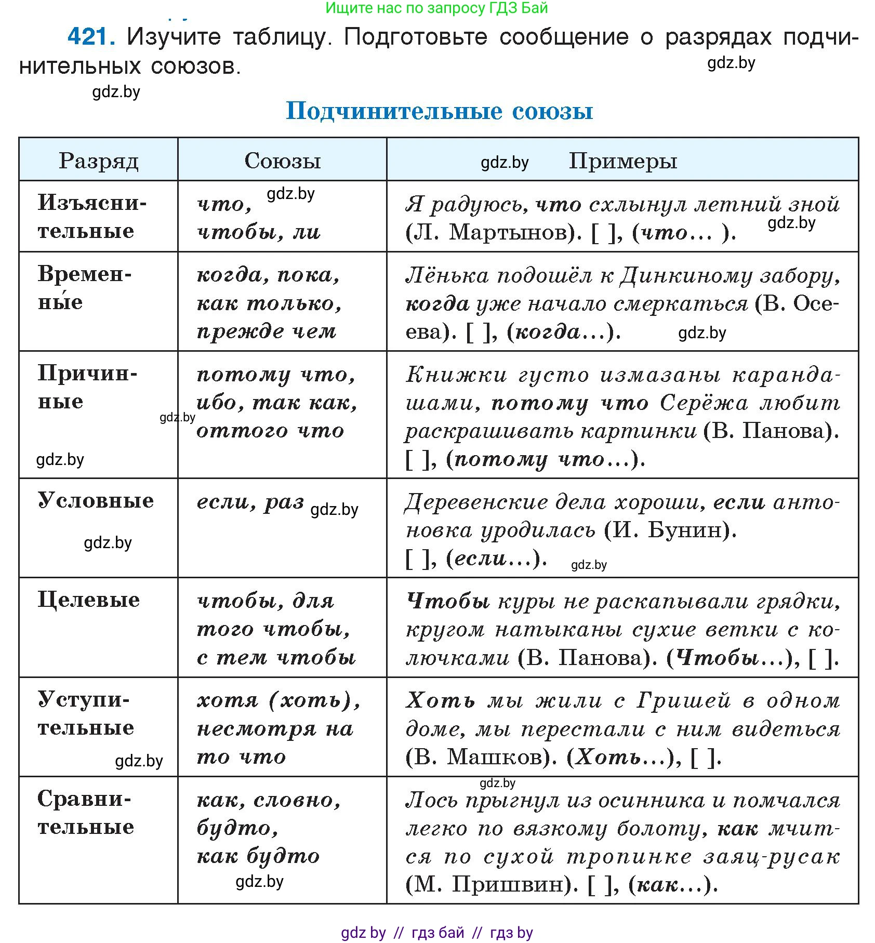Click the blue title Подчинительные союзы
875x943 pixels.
pyautogui.click(x=439, y=111)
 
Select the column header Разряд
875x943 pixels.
pyautogui.click(x=98, y=161)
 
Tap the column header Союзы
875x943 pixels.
pyautogui.click(x=282, y=161)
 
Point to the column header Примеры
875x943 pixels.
pyautogui.click(x=622, y=161)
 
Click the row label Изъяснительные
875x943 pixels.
pyautogui.click(x=91, y=217)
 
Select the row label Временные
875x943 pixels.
pyautogui.click(x=84, y=288)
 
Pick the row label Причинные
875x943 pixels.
pyautogui.click(x=87, y=387)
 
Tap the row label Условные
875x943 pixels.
pyautogui.click(x=96, y=500)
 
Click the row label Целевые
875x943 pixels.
pyautogui.click(x=89, y=600)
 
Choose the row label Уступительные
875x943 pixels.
pyautogui.click(x=86, y=713)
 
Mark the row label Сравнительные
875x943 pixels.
pyautogui.click(x=86, y=813)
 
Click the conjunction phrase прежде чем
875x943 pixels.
pyautogui.click(x=267, y=331)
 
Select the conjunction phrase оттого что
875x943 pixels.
pyautogui.click(x=270, y=431)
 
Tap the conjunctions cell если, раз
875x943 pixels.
pyautogui.click(x=250, y=502)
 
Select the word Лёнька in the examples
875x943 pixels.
pyautogui.click(x=447, y=275)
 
